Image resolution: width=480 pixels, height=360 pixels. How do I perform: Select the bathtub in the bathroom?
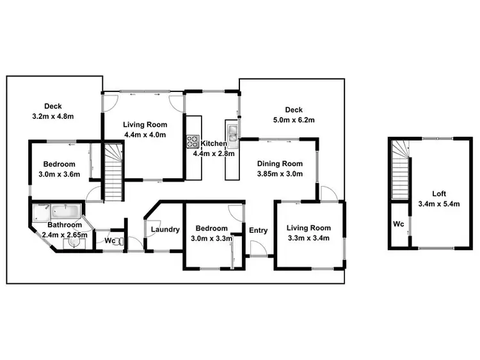point(66,210)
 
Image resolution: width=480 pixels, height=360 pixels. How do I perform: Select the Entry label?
point(259,230)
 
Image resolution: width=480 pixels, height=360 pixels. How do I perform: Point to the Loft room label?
point(438,194)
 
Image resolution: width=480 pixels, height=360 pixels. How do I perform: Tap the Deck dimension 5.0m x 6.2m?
point(294,120)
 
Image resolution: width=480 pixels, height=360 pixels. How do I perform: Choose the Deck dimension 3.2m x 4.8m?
point(53,116)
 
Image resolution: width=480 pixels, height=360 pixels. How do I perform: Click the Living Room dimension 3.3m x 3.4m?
point(308,239)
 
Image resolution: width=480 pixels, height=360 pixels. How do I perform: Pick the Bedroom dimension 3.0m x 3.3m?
point(211,239)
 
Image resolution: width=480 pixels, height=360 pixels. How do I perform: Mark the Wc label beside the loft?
point(397,224)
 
